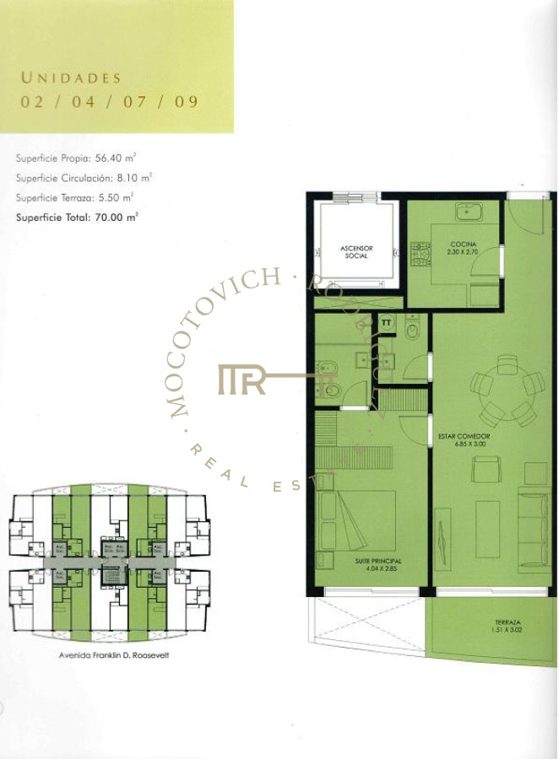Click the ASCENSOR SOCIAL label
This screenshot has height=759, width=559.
point(356,251)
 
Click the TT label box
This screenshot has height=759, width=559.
point(387,322)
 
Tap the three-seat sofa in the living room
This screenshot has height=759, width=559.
point(531,527)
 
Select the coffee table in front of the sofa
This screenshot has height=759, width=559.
point(487,528)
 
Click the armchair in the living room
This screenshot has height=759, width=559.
point(485,468)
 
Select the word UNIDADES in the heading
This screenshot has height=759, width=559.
point(71,78)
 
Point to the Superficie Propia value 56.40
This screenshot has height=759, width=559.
point(125,158)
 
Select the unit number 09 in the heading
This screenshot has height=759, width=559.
point(187,101)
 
